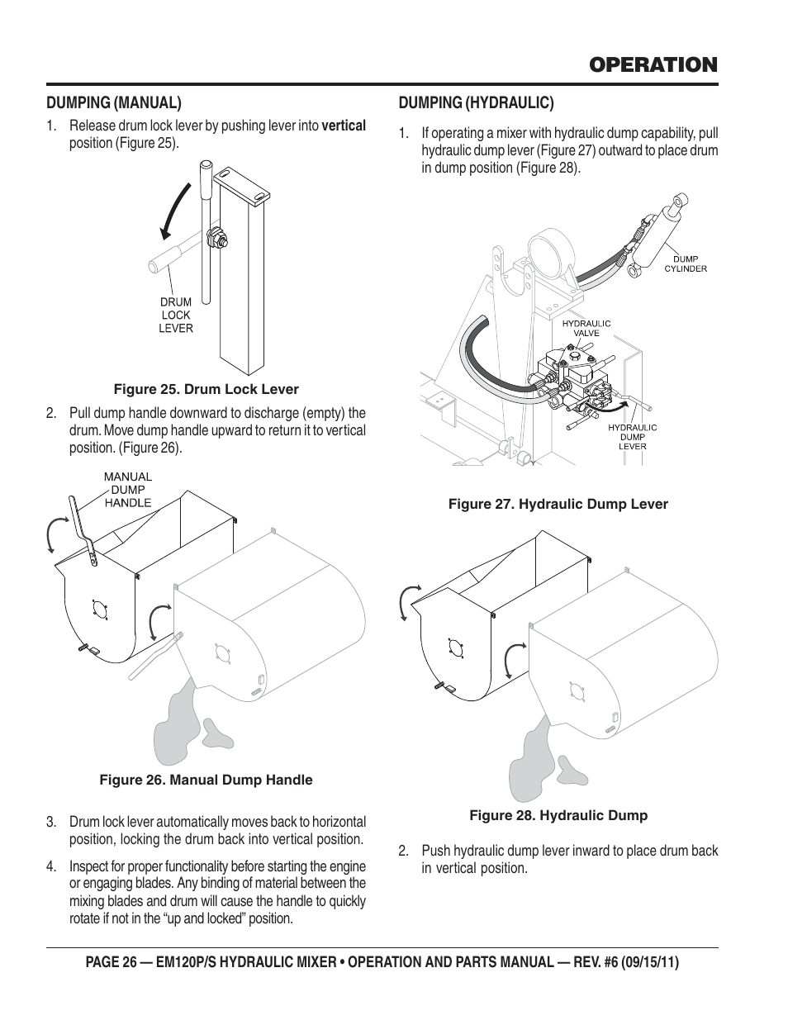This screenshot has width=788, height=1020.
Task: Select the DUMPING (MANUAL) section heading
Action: (113, 103)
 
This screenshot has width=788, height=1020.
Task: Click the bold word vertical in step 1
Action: (344, 126)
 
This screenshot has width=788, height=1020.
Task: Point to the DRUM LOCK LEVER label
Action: (176, 315)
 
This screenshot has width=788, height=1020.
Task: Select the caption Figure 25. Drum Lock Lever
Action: (206, 390)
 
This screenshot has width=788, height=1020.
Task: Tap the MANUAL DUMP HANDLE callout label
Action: (128, 490)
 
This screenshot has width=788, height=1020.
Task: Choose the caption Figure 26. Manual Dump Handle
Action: (206, 780)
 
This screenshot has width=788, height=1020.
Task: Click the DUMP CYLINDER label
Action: (686, 263)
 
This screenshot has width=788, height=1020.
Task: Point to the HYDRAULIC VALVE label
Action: (586, 328)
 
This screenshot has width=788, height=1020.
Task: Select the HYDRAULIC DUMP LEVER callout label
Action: (633, 437)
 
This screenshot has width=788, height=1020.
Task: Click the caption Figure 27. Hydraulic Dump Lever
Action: (558, 504)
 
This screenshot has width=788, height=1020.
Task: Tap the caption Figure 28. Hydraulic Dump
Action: (558, 816)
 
